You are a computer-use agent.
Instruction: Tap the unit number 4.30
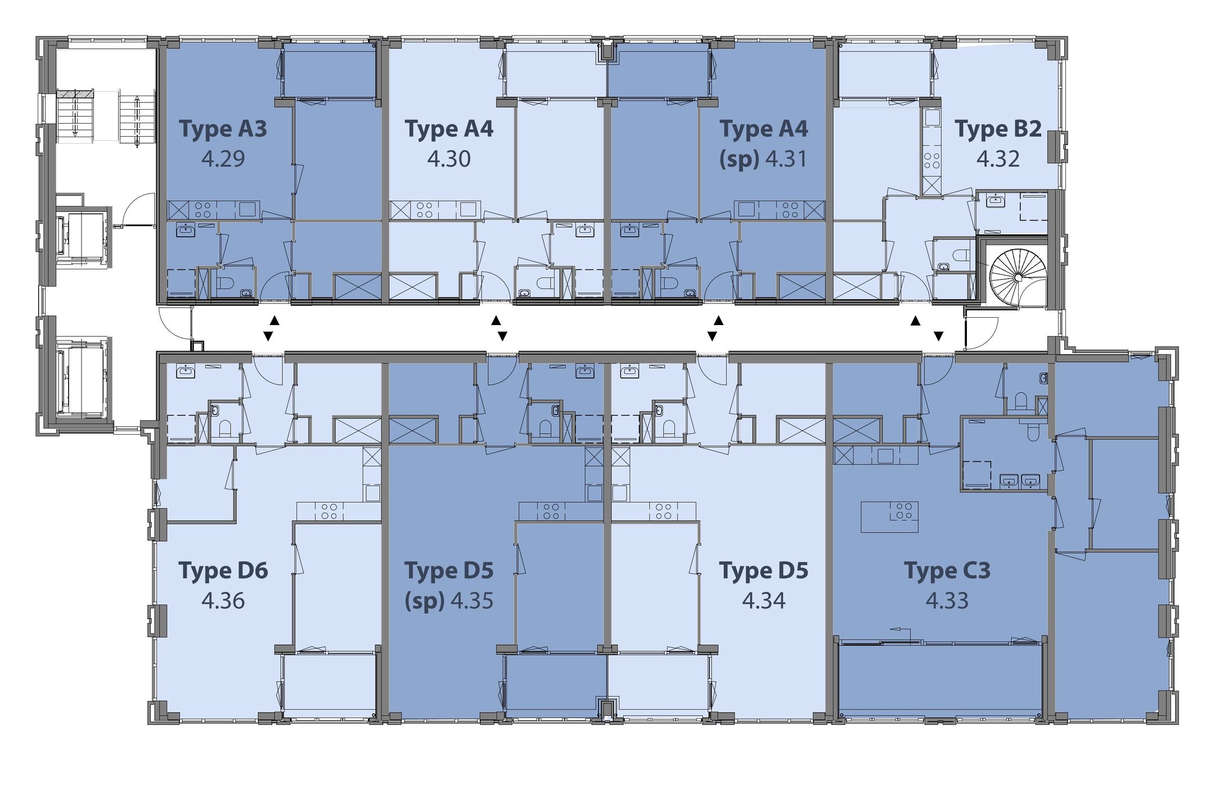coord(449,159)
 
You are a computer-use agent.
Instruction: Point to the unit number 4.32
coord(998,159)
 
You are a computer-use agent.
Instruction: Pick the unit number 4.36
coord(223,601)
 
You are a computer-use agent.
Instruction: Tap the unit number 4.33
coord(947,601)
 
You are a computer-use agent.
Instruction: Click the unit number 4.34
coord(764,601)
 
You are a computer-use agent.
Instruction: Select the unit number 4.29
coord(223,159)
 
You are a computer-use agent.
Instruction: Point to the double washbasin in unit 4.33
coord(1019,481)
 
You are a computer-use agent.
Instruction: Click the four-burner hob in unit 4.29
coord(203,210)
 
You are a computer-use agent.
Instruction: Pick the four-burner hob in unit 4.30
coord(425,210)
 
